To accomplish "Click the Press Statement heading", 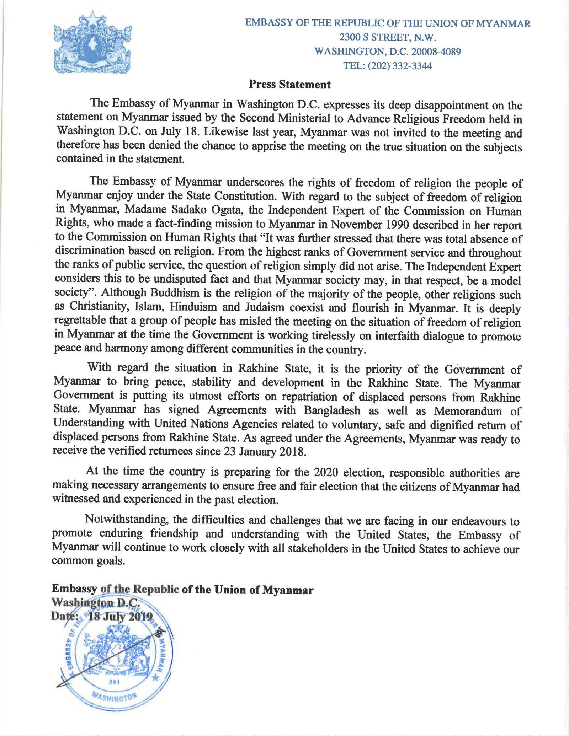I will (289, 84).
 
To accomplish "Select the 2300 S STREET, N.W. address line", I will (388, 37).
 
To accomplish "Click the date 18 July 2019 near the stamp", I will (120, 616).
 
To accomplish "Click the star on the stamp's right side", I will (155, 678).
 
